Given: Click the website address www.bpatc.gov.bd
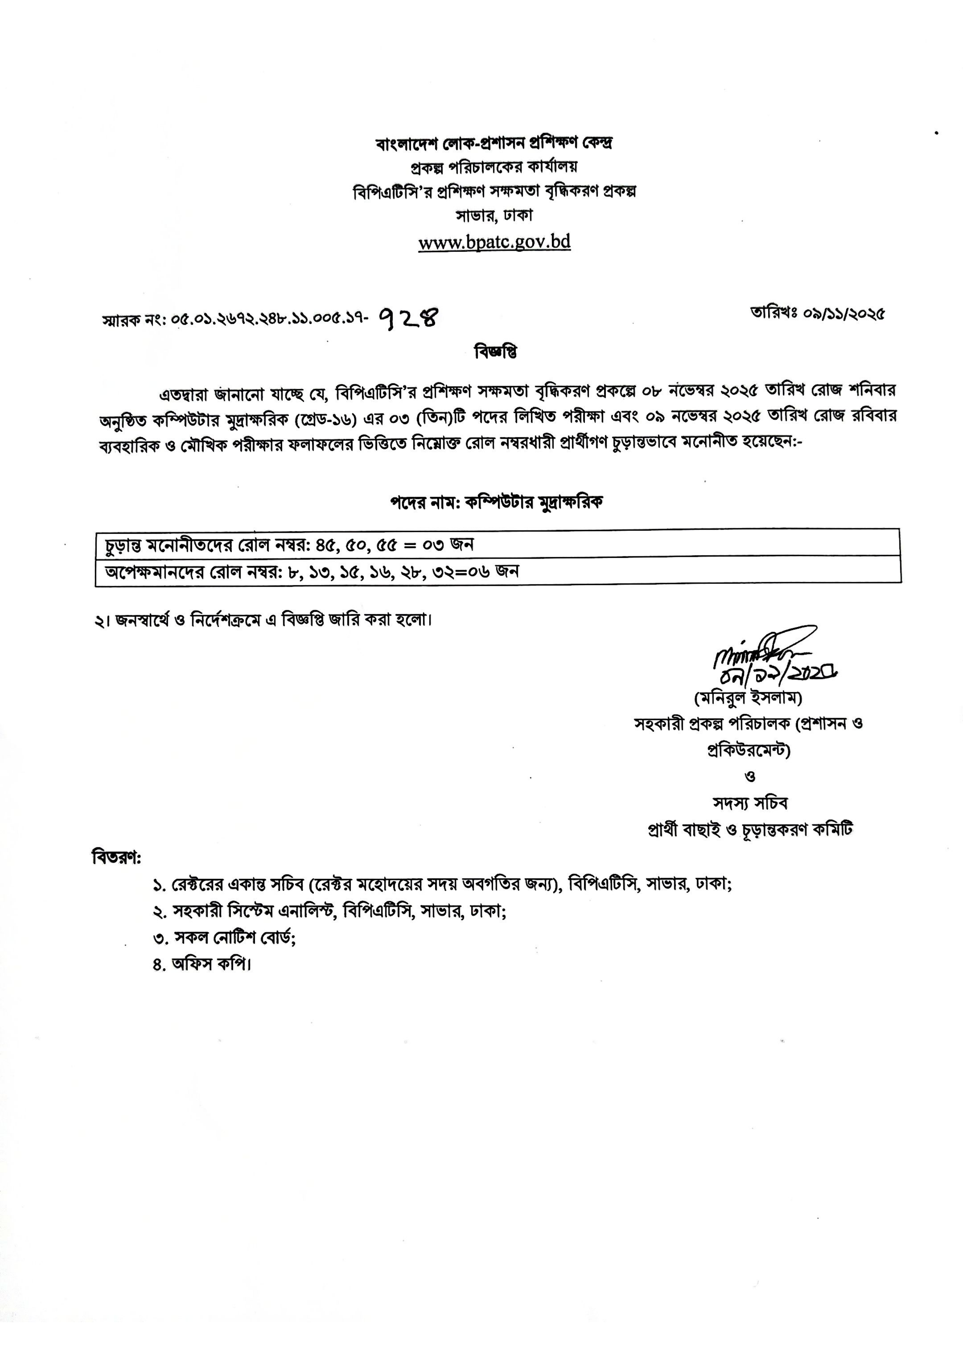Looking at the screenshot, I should (x=494, y=242).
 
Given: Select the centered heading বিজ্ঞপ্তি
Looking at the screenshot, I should (x=495, y=352).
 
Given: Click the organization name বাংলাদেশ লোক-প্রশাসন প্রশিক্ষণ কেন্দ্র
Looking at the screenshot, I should (x=494, y=144).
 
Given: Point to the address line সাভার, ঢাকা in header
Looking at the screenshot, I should (x=494, y=216).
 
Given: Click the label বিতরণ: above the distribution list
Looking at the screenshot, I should (x=116, y=858).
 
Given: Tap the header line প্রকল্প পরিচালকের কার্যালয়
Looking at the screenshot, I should (x=494, y=167).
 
